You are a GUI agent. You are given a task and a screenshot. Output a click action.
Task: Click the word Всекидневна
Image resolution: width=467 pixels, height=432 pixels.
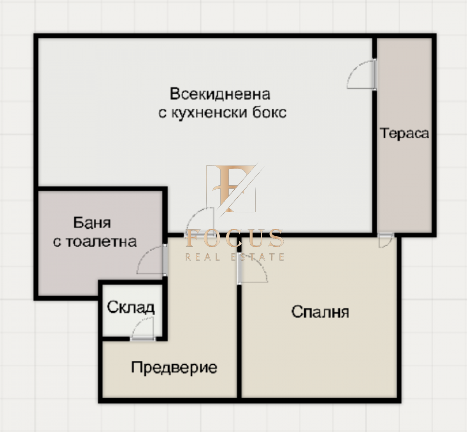220,94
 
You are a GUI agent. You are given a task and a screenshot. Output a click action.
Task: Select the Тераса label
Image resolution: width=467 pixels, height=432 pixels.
404,134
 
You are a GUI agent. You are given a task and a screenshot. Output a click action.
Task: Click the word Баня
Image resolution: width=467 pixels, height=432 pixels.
92,223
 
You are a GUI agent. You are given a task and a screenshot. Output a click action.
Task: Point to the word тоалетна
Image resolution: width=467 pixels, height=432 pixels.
101,242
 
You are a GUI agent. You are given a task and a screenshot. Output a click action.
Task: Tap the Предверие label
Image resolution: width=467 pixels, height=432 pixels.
174,368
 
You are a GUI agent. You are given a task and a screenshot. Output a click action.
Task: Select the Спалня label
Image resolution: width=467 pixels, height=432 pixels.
320,312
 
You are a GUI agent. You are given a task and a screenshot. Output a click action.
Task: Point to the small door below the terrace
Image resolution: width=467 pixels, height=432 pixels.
386,240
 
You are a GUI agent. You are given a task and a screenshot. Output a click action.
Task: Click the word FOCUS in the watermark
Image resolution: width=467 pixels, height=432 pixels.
235,238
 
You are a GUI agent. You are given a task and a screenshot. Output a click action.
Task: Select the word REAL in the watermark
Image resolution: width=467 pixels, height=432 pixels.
203,257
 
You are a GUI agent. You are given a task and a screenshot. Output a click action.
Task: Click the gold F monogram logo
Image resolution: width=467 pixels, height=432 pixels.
232,188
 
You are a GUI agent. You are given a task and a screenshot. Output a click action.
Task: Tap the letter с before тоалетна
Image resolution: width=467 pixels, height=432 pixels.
57,242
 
